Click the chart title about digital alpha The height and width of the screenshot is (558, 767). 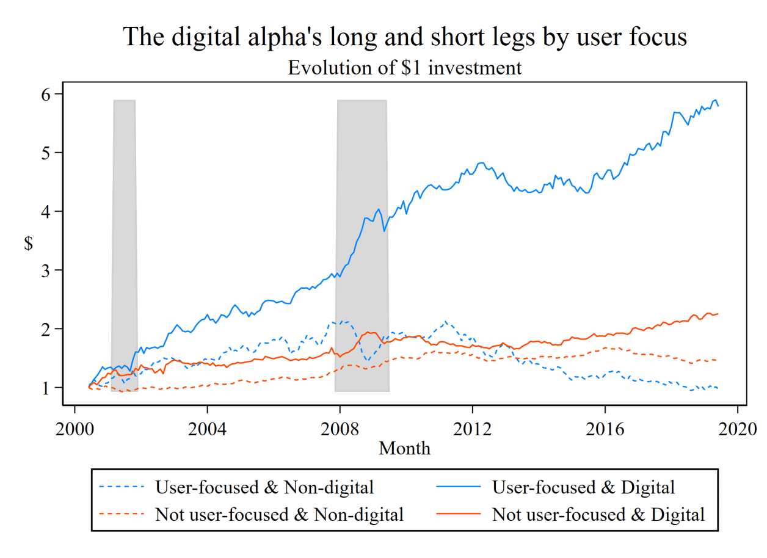point(405,37)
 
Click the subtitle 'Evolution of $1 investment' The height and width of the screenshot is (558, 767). point(405,67)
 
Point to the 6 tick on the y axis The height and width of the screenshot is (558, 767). point(49,93)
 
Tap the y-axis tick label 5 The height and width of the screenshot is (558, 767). point(49,152)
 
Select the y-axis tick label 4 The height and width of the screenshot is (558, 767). point(49,211)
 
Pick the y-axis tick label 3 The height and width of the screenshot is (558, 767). point(49,270)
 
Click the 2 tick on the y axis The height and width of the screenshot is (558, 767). point(49,328)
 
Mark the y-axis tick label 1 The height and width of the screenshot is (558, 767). point(49,387)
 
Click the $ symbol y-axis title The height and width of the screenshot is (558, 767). point(28,243)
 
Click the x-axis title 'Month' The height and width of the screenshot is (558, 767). point(404,449)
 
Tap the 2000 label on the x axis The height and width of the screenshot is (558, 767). point(75,427)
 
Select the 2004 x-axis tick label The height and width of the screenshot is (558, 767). point(208,427)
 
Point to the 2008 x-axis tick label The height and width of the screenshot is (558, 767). point(340,427)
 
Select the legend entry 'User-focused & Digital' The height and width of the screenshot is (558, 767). point(583,487)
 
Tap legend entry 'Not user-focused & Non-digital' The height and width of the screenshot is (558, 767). point(279,514)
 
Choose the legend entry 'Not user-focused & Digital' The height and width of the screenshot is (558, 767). point(598,514)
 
